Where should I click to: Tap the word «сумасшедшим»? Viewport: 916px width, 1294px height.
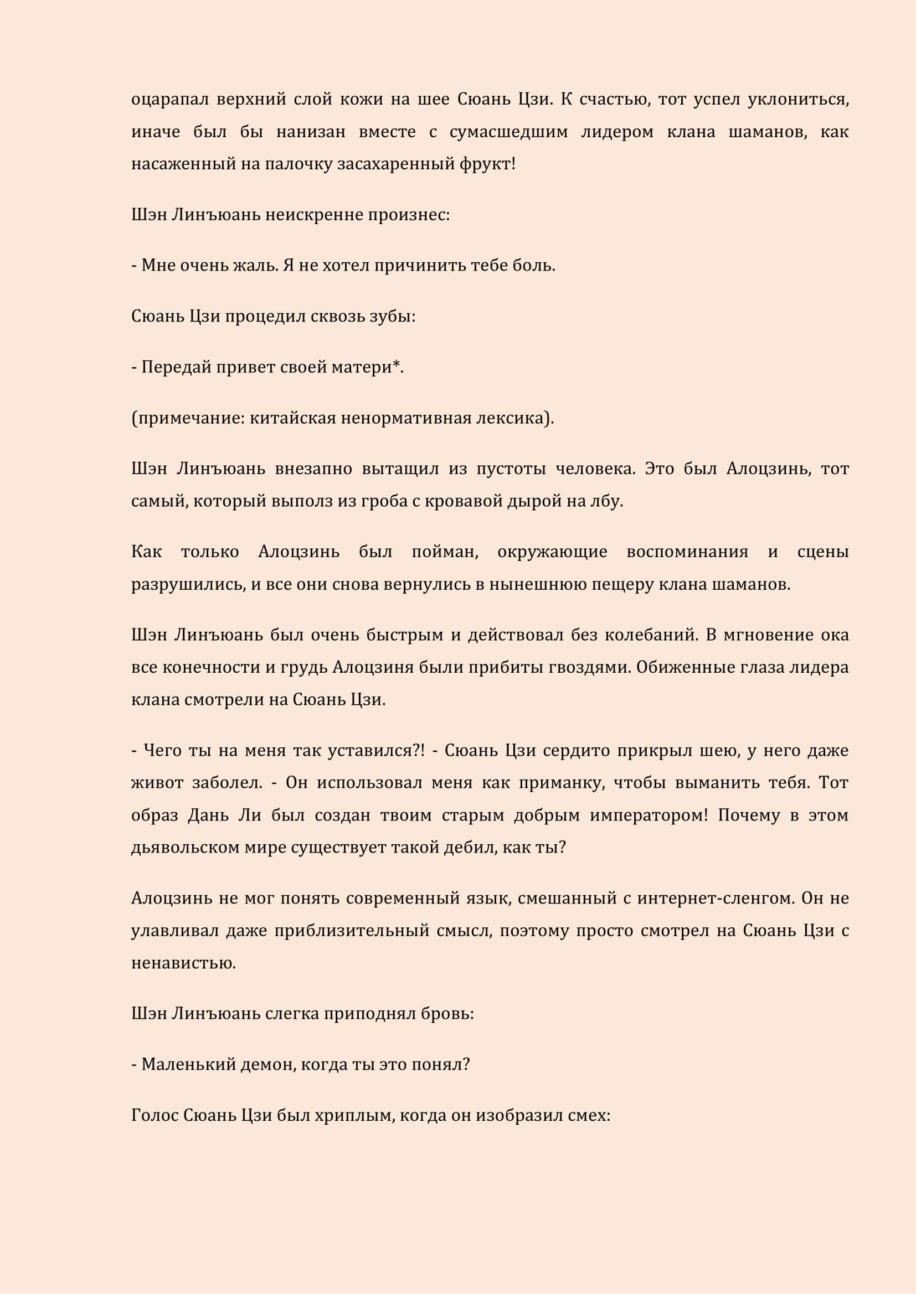coord(510,132)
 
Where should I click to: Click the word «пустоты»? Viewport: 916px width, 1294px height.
coord(511,469)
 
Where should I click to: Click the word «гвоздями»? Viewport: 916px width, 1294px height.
coord(589,667)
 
